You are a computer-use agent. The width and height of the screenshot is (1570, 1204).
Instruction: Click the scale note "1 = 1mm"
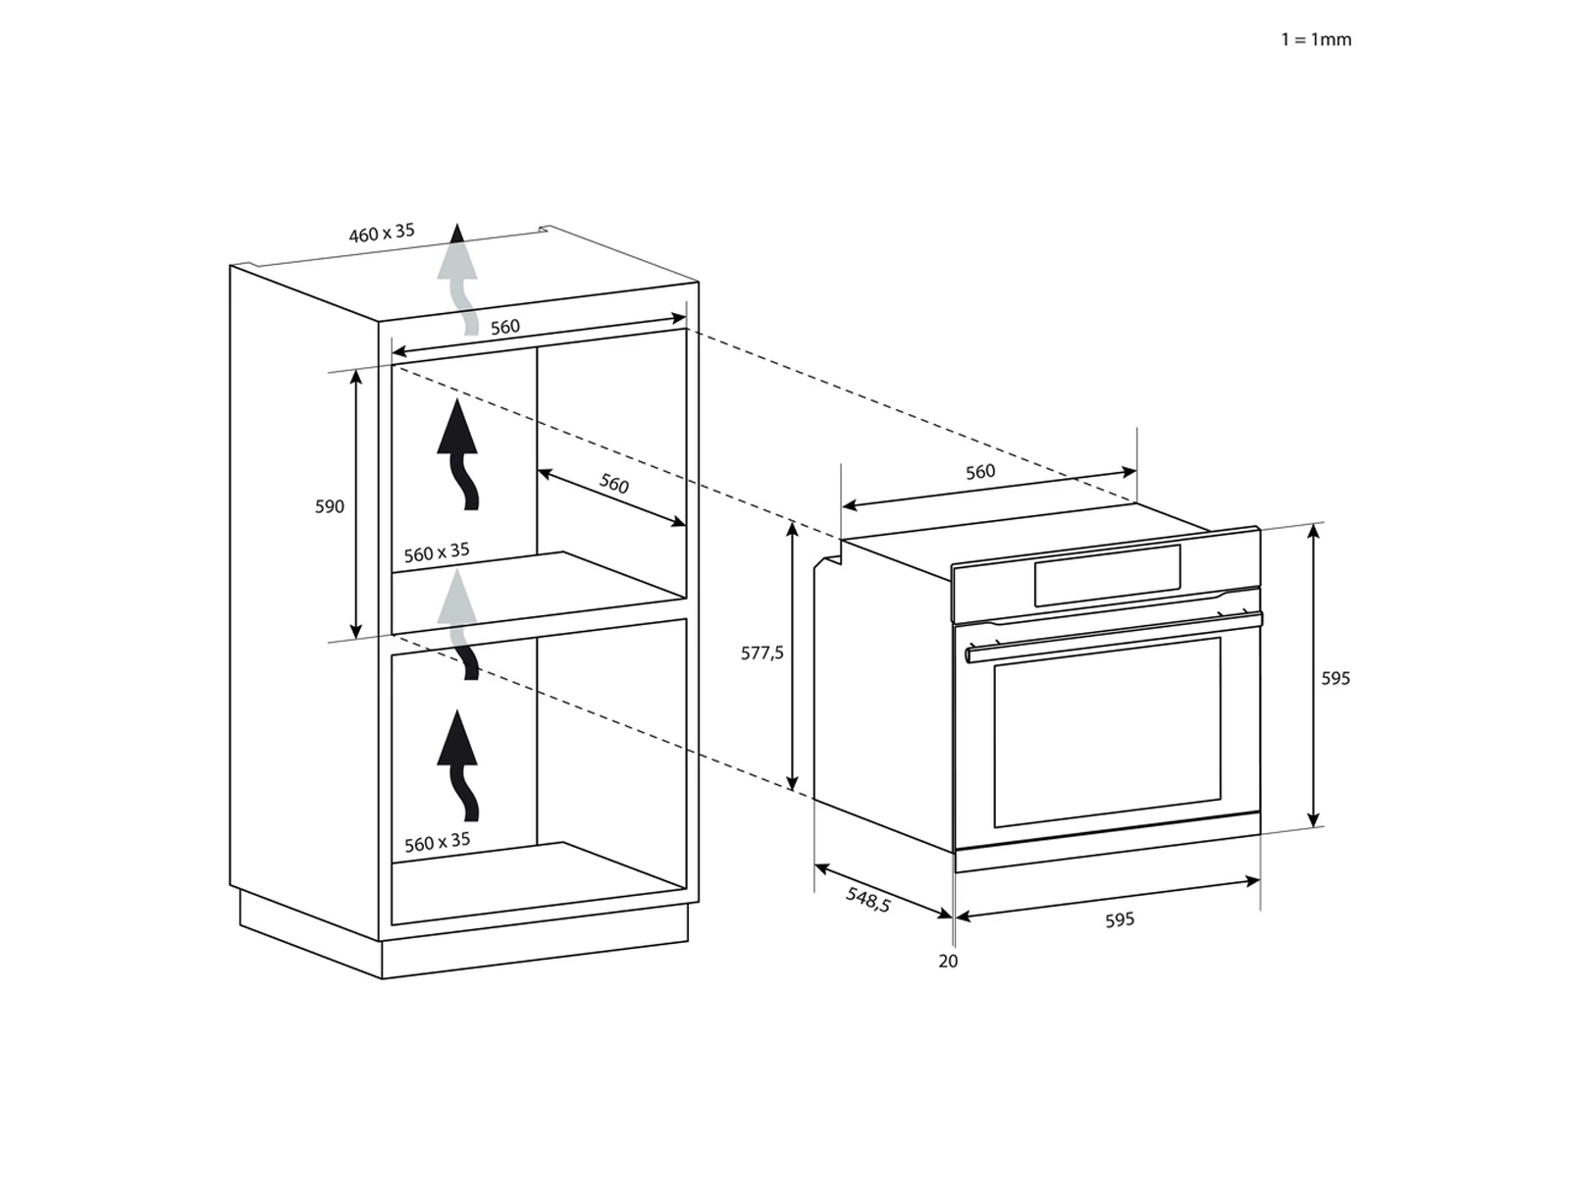(x=1316, y=39)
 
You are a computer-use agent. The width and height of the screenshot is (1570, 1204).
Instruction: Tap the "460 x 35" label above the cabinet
(x=382, y=233)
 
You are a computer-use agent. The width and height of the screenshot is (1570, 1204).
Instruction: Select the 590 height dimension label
(x=330, y=506)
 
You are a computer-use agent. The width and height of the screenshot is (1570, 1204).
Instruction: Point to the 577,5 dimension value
(x=762, y=653)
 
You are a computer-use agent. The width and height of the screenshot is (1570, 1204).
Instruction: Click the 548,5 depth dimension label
(x=868, y=899)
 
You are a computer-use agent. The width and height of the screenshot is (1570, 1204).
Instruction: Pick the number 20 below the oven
(x=948, y=962)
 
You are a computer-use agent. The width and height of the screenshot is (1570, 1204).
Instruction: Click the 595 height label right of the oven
(x=1335, y=678)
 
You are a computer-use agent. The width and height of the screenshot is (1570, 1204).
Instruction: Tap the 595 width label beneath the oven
(x=1120, y=919)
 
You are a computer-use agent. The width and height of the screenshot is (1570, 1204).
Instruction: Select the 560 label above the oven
(x=980, y=472)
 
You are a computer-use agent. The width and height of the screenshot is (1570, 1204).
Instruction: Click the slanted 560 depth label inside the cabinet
(x=613, y=483)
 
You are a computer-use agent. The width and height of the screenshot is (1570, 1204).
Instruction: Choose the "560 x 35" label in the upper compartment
(x=437, y=552)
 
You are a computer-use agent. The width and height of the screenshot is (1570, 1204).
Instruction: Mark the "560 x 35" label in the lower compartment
(x=437, y=842)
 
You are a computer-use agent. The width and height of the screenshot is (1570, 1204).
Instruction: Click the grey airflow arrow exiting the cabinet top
(x=457, y=280)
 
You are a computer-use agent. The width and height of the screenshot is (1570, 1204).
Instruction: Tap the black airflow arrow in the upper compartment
(x=457, y=453)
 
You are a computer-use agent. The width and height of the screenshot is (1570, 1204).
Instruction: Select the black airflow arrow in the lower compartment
(x=457, y=765)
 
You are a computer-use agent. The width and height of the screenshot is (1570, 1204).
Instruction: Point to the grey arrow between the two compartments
(x=458, y=624)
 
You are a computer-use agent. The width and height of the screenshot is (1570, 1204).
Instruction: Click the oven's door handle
(x=1114, y=636)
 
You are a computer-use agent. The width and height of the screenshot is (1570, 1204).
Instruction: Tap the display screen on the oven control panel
(x=1108, y=576)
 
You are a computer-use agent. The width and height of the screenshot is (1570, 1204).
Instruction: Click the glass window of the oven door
(x=1108, y=732)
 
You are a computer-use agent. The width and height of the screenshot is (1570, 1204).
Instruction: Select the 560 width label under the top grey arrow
(x=505, y=327)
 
